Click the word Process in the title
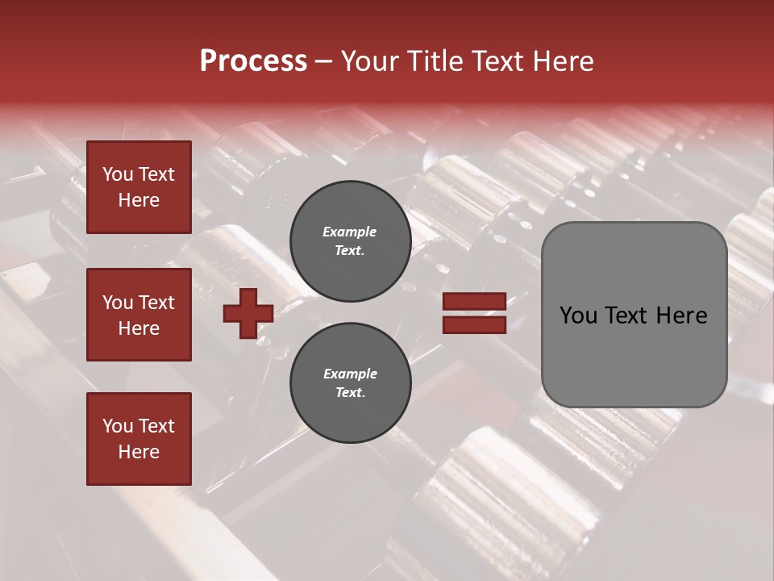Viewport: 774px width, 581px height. click(x=253, y=61)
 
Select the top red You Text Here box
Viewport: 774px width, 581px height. click(x=139, y=187)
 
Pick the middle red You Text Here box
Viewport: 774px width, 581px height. click(x=139, y=315)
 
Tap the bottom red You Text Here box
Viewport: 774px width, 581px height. click(x=139, y=438)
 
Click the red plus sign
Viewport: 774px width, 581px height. click(x=248, y=313)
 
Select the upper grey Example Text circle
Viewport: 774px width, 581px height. click(x=350, y=240)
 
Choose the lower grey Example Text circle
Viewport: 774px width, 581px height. click(x=350, y=382)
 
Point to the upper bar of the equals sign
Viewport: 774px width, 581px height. click(x=474, y=302)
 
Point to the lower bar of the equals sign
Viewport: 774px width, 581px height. click(x=474, y=324)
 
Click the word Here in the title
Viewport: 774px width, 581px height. click(x=562, y=61)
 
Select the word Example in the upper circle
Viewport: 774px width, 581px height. click(x=350, y=232)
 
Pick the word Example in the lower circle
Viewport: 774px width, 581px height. click(x=350, y=374)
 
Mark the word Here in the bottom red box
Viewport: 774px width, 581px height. click(x=139, y=452)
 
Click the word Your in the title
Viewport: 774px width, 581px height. click(x=369, y=61)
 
